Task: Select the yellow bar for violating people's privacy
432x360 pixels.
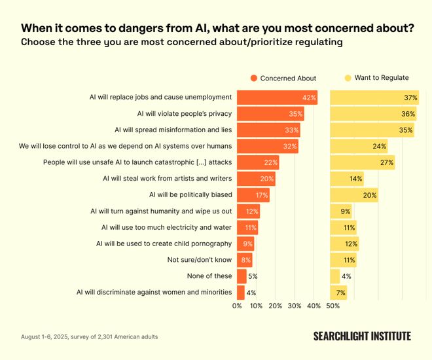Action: [373, 113]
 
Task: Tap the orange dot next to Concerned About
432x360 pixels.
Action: [253, 78]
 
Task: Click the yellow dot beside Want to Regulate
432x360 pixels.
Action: [348, 78]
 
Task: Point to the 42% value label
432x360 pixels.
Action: [310, 98]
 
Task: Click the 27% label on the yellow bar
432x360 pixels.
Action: [387, 162]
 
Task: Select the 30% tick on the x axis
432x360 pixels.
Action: [295, 306]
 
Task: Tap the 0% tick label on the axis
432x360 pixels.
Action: [238, 306]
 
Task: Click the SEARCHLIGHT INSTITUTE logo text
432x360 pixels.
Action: [362, 336]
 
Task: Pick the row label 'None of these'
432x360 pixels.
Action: [209, 276]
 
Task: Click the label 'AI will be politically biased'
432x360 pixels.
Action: [190, 194]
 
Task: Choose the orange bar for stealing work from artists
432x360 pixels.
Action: [255, 178]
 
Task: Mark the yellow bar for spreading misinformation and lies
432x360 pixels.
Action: [372, 130]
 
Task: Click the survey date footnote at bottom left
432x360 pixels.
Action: [89, 337]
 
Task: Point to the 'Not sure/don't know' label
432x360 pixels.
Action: [200, 259]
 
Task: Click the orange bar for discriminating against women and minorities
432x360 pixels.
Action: [240, 292]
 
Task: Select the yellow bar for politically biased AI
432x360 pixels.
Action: [353, 194]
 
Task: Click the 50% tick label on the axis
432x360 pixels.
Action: [333, 306]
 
